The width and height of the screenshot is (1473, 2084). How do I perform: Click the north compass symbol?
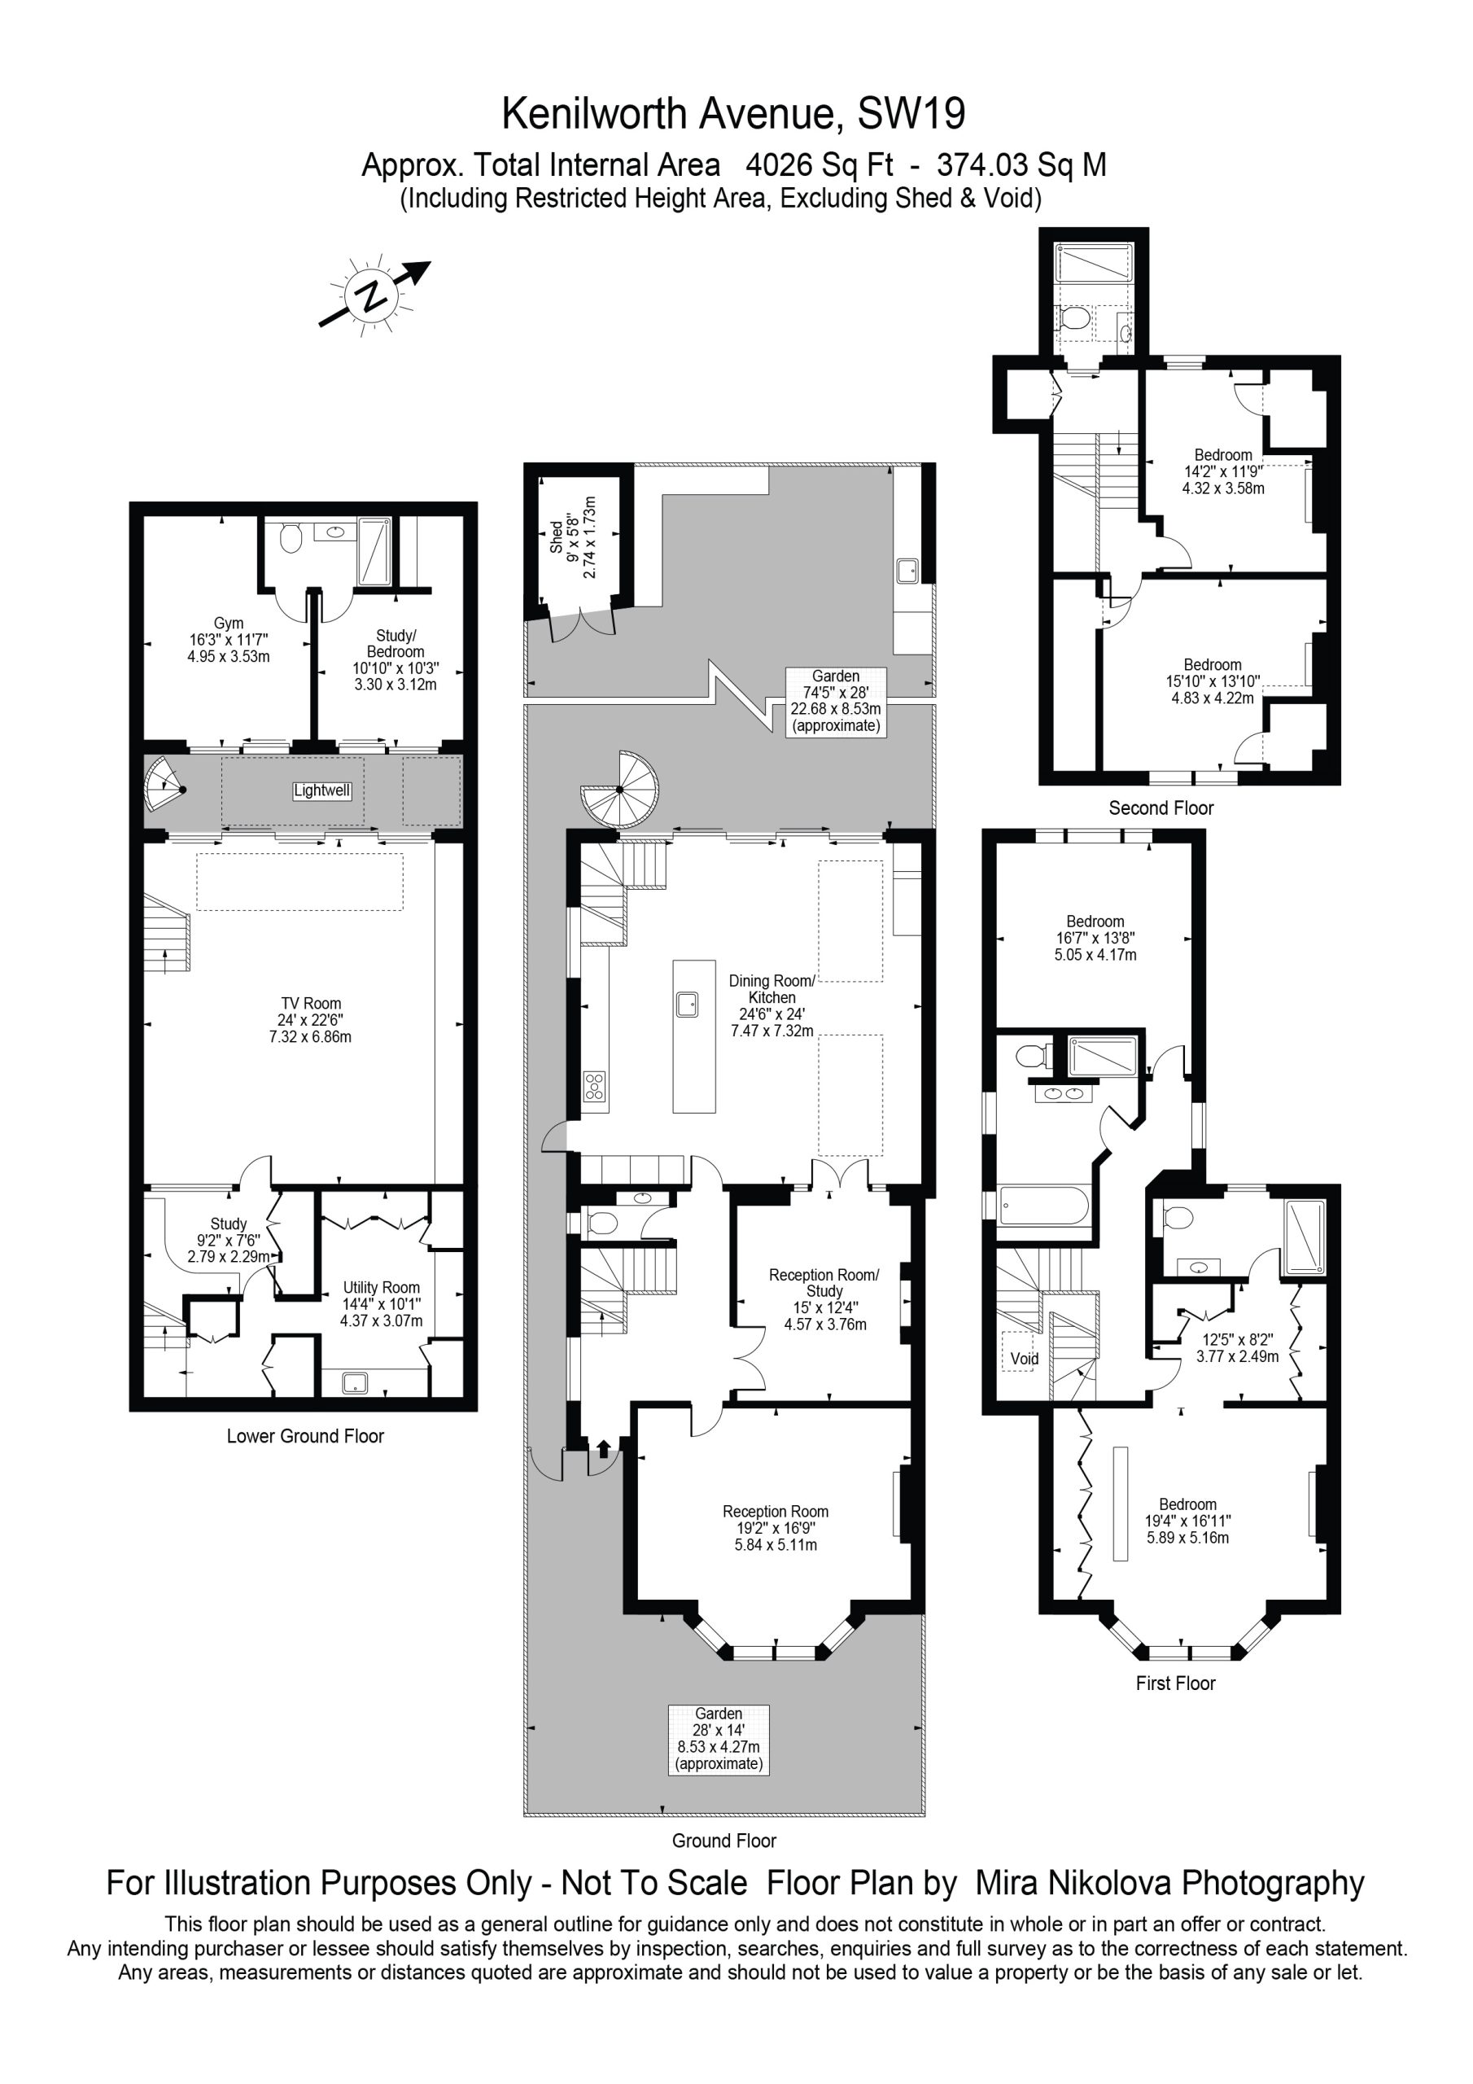(373, 296)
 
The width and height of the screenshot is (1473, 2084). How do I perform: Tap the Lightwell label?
(321, 790)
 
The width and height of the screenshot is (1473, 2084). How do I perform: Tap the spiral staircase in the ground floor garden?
(618, 790)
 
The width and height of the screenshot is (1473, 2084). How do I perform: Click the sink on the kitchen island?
(687, 1005)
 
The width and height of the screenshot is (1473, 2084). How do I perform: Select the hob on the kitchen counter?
(593, 1087)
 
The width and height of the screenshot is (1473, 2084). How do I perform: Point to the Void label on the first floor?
(1025, 1359)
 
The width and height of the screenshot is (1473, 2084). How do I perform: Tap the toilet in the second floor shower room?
(1073, 318)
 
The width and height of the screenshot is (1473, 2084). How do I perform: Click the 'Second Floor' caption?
(1160, 808)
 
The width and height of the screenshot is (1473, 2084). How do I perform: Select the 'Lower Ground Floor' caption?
(305, 1436)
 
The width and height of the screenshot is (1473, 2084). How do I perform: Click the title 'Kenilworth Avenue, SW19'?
(733, 114)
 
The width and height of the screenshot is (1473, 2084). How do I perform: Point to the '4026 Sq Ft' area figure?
(819, 165)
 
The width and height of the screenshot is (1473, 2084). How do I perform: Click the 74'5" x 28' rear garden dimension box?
(836, 701)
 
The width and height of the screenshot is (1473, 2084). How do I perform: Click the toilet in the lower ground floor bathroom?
(291, 538)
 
